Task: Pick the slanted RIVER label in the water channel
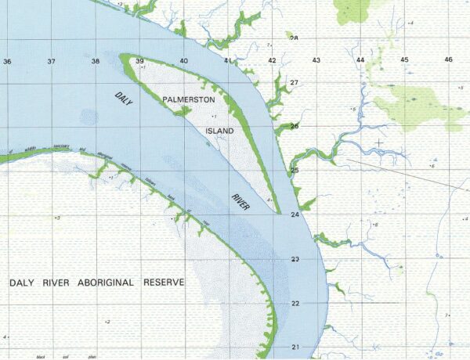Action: click(240, 201)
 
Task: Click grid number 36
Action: click(7, 61)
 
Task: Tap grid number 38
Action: click(96, 61)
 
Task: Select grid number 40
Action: click(184, 61)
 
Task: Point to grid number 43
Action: click(316, 60)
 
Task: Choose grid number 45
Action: click(405, 60)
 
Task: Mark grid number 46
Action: click(449, 60)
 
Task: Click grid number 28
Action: click(294, 38)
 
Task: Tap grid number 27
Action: click(295, 82)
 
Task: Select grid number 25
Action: click(295, 170)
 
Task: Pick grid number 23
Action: click(295, 259)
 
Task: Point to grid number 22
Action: click(295, 303)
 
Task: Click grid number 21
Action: click(295, 347)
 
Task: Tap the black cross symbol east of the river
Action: click(379, 142)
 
